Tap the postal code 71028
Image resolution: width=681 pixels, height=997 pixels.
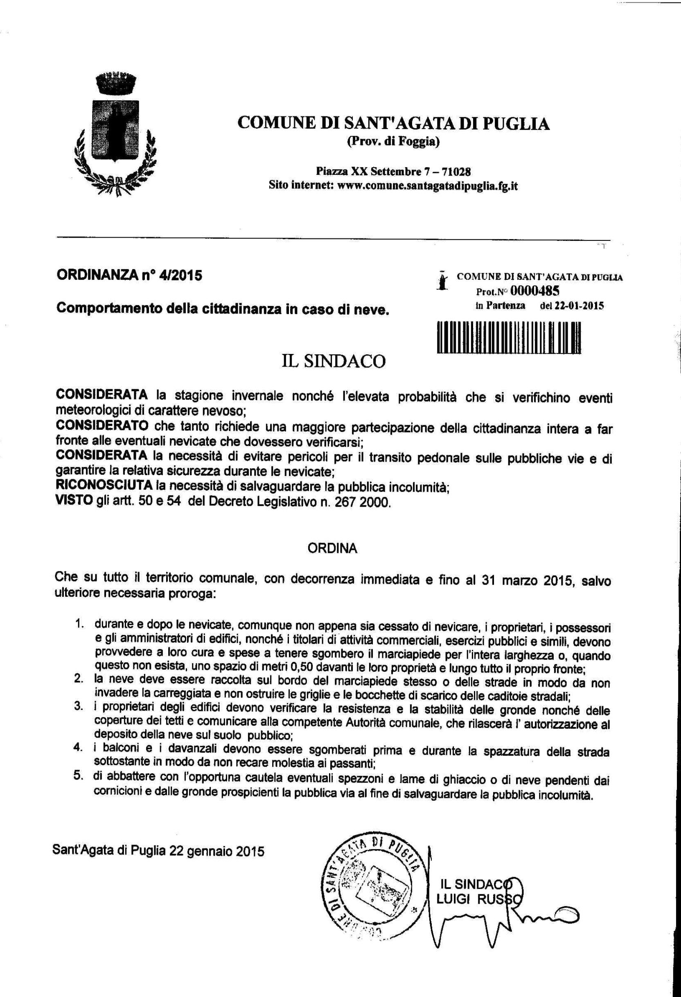456,172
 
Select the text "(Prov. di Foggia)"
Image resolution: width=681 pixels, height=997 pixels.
393,142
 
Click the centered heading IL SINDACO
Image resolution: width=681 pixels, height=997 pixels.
334,361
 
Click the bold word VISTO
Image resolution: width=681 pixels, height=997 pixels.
74,501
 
